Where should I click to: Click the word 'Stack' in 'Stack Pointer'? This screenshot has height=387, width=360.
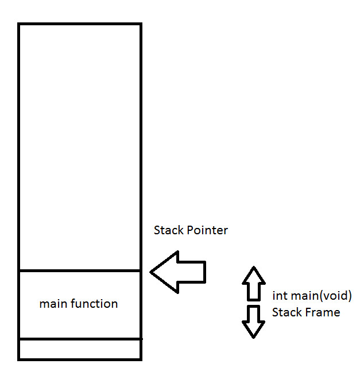pos(169,230)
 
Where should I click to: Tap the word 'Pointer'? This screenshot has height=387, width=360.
pos(207,230)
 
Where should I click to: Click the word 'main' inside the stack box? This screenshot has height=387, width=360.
pos(53,304)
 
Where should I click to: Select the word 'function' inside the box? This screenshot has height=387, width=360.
pos(94,304)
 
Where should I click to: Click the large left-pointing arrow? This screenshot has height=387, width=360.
pos(178,272)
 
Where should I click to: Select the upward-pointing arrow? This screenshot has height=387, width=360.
pos(254,284)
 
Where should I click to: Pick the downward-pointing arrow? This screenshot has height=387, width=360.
pos(254,322)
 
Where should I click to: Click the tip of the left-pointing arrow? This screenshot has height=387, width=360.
pos(150,272)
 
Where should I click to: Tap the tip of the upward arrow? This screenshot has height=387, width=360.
pos(254,266)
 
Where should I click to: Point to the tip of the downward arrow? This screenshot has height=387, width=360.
pos(253,338)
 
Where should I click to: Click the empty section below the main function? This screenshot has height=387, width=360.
pos(80,349)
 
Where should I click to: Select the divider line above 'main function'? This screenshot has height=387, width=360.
pos(80,271)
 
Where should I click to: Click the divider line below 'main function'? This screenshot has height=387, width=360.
pos(80,339)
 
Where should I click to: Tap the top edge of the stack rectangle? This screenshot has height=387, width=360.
pos(80,24)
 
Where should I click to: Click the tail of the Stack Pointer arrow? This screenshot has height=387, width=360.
pos(205,272)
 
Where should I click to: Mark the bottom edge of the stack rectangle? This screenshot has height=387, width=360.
pos(80,359)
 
